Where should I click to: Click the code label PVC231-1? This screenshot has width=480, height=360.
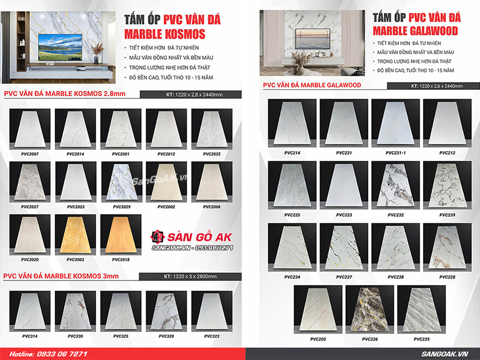click(x=395, y=153)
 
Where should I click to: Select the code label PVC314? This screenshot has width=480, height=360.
click(x=29, y=336)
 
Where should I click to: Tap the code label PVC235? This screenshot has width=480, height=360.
click(x=421, y=339)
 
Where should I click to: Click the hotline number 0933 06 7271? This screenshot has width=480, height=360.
click(x=56, y=353)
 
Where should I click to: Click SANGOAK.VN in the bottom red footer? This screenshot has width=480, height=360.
click(x=450, y=353)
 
